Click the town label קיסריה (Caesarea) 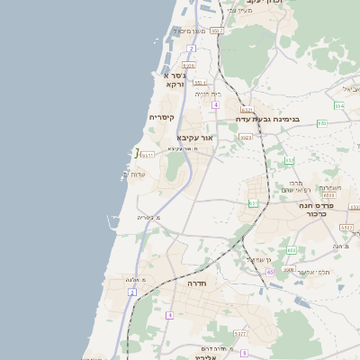(161, 117)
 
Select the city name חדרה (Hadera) (198, 283)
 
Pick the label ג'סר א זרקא (175, 79)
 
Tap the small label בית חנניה (208, 94)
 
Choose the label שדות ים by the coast (133, 174)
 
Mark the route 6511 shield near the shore (148, 155)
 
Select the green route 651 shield (253, 204)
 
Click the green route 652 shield (290, 160)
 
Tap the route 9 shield (243, 353)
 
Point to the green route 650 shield (292, 250)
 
